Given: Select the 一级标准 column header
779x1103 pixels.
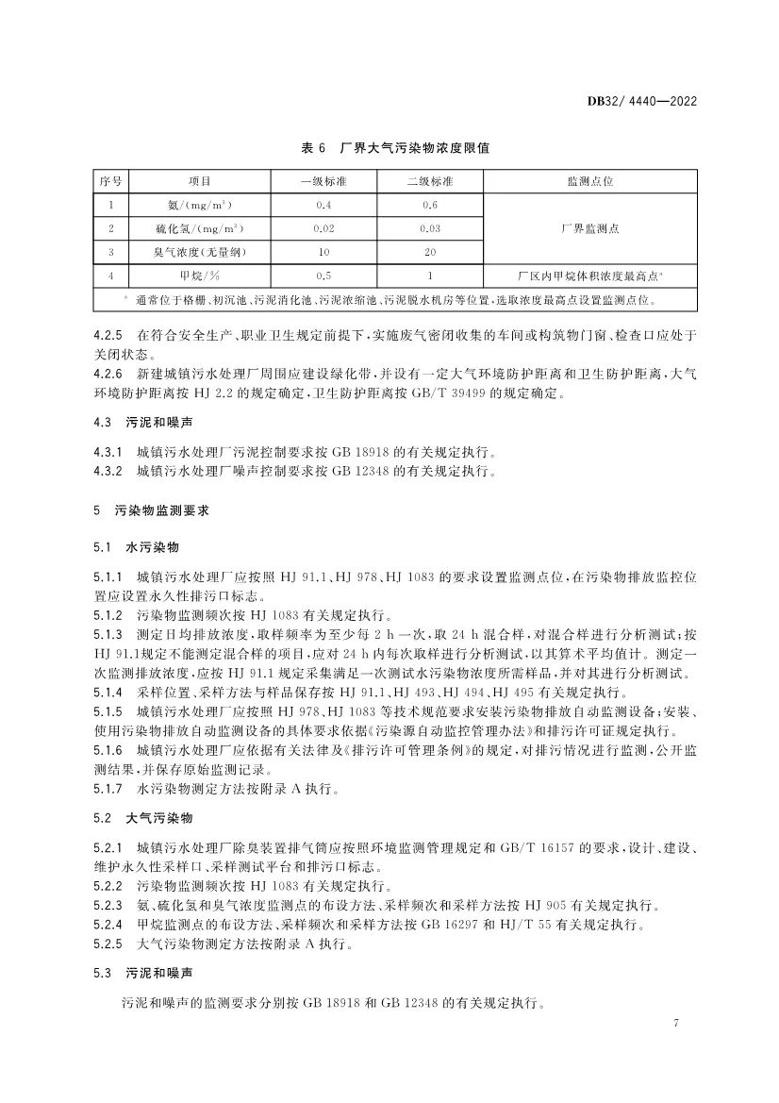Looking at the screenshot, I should point(323,180).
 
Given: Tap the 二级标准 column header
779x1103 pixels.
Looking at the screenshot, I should point(429,180).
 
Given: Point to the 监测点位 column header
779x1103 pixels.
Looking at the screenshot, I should point(589,180).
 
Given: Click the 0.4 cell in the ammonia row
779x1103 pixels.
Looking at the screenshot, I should point(323,204).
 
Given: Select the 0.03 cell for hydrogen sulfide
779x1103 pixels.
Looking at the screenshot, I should point(429,228).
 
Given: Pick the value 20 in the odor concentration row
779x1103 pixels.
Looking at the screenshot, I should point(429,252).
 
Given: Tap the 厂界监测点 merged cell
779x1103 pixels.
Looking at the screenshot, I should point(589,228).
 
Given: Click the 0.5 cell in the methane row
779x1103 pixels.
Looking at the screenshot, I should point(323,276).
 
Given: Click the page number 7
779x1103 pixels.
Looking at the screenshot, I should point(677,1024).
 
